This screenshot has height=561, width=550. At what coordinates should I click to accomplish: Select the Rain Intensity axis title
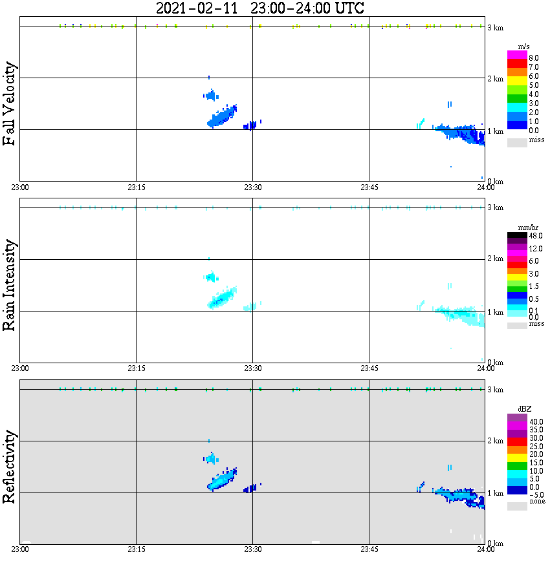[10, 285]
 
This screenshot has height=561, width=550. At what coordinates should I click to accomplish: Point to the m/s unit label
[525, 47]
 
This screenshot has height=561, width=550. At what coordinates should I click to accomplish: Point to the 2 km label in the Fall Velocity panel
[496, 79]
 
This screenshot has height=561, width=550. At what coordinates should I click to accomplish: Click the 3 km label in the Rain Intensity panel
[496, 207]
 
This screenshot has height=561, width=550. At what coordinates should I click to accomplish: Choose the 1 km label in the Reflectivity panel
[496, 494]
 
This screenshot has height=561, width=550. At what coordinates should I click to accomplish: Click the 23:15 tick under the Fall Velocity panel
[136, 187]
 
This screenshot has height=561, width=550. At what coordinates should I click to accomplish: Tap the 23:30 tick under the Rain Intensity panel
[252, 368]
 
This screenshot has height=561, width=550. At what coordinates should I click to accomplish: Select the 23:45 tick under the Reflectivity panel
[369, 549]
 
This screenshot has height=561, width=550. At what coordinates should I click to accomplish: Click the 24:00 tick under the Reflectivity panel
[485, 549]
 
